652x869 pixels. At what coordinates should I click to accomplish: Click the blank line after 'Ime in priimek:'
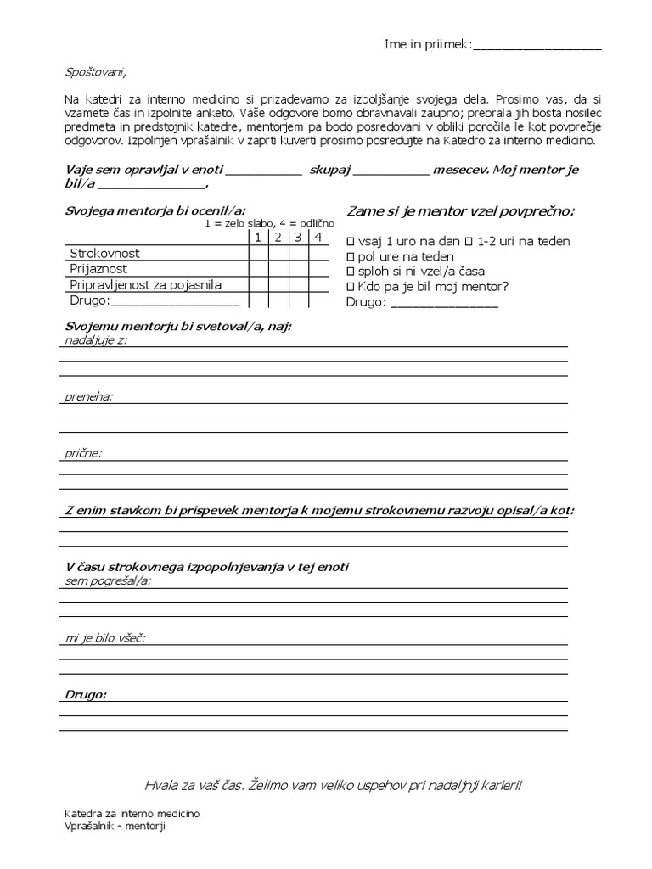[x=537, y=46]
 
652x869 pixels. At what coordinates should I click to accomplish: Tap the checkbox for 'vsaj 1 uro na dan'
[x=351, y=242]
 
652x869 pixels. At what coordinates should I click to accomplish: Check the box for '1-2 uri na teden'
[x=469, y=242]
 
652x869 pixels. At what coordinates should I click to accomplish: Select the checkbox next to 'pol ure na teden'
[x=351, y=257]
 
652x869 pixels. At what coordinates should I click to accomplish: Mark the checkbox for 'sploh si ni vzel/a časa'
[x=351, y=272]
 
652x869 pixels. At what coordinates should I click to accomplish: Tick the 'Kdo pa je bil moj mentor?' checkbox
[x=351, y=287]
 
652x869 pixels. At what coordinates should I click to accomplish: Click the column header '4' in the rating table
[x=318, y=238]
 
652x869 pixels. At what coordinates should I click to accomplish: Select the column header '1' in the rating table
[x=258, y=238]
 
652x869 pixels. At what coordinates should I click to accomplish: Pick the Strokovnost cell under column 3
[x=298, y=254]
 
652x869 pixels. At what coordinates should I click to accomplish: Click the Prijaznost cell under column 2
[x=278, y=269]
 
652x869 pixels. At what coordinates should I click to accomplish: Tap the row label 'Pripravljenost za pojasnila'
[x=145, y=285]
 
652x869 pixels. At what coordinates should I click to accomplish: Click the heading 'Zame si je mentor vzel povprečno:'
[x=460, y=211]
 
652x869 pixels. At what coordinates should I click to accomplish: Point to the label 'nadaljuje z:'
[x=96, y=340]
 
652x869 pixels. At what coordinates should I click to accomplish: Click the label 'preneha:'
[x=89, y=396]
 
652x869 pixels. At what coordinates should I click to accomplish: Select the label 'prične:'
[x=83, y=453]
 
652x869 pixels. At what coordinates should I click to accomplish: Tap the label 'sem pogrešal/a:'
[x=108, y=580]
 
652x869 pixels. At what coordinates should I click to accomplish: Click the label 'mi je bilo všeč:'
[x=104, y=637]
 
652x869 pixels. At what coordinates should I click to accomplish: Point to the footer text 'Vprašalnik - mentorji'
[x=115, y=827]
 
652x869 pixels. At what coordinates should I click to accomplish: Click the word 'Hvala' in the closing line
[x=162, y=785]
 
